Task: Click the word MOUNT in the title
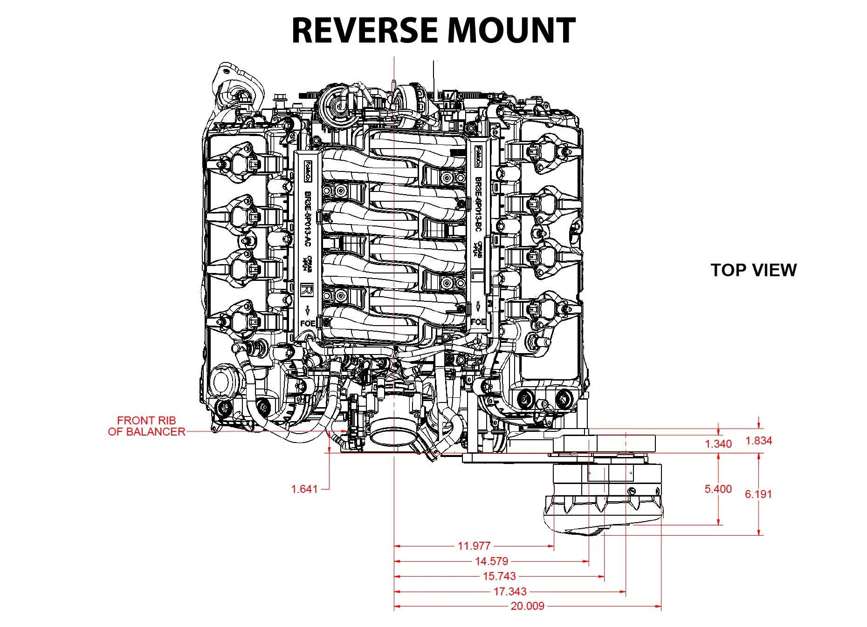[x=511, y=31]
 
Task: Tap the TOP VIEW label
[x=753, y=270]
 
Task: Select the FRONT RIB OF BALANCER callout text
[x=146, y=426]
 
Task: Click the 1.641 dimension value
[x=304, y=489]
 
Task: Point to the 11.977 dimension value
[x=474, y=546]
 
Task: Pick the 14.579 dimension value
[x=491, y=561]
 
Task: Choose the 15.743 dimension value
[x=499, y=576]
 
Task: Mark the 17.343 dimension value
[x=510, y=592]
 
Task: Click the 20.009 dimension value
[x=527, y=606]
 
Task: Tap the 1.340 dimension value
[x=718, y=444]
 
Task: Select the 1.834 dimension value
[x=758, y=441]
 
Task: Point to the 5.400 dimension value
[x=718, y=489]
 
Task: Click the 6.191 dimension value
[x=758, y=494]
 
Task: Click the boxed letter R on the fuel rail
[x=307, y=290]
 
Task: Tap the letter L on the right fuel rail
[x=475, y=275]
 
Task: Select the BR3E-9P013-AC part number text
[x=307, y=219]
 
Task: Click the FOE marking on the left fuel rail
[x=307, y=323]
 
